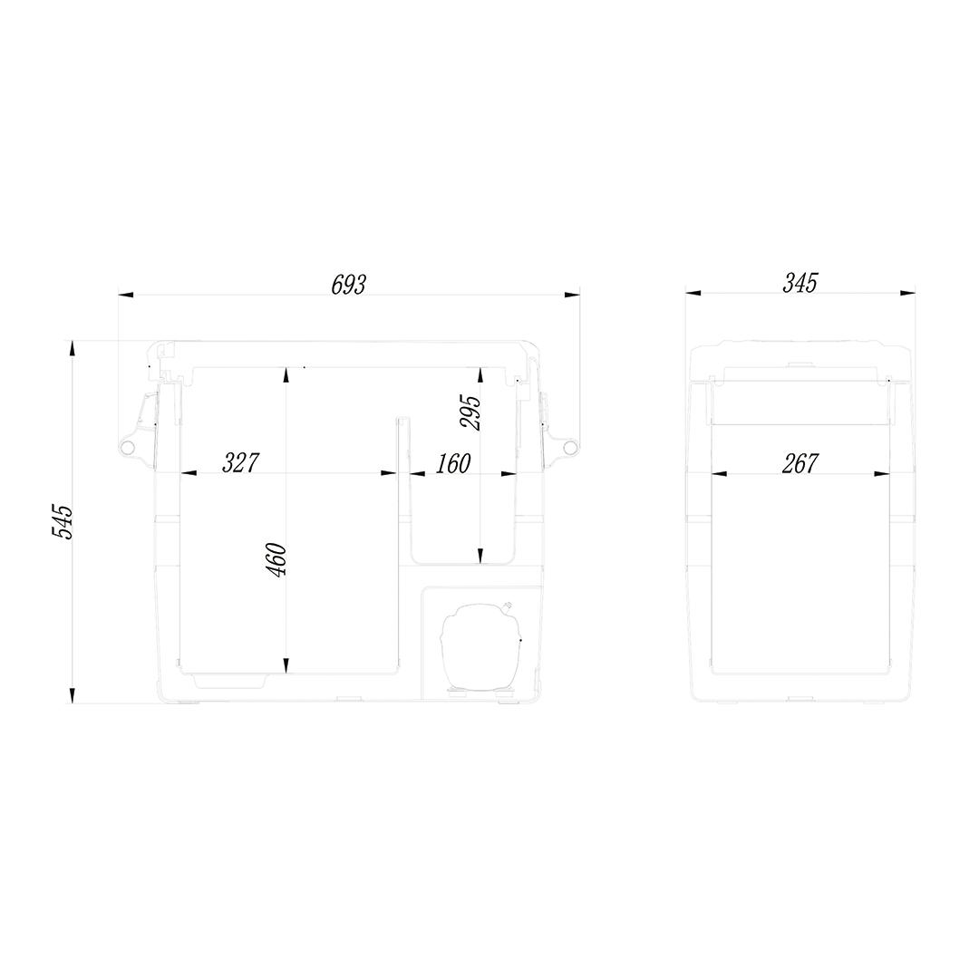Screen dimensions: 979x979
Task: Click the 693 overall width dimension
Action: (348, 284)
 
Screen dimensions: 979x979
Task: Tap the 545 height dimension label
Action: (63, 522)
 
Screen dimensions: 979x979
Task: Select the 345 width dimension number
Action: (800, 283)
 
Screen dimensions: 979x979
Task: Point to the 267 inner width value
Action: (800, 463)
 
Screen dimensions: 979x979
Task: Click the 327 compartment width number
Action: (240, 462)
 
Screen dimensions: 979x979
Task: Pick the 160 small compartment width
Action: (452, 464)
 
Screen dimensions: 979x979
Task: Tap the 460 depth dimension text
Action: (277, 560)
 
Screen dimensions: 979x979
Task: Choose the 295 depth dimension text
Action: (470, 412)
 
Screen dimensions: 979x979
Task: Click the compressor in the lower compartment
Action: (480, 645)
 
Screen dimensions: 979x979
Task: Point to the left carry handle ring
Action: (128, 446)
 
